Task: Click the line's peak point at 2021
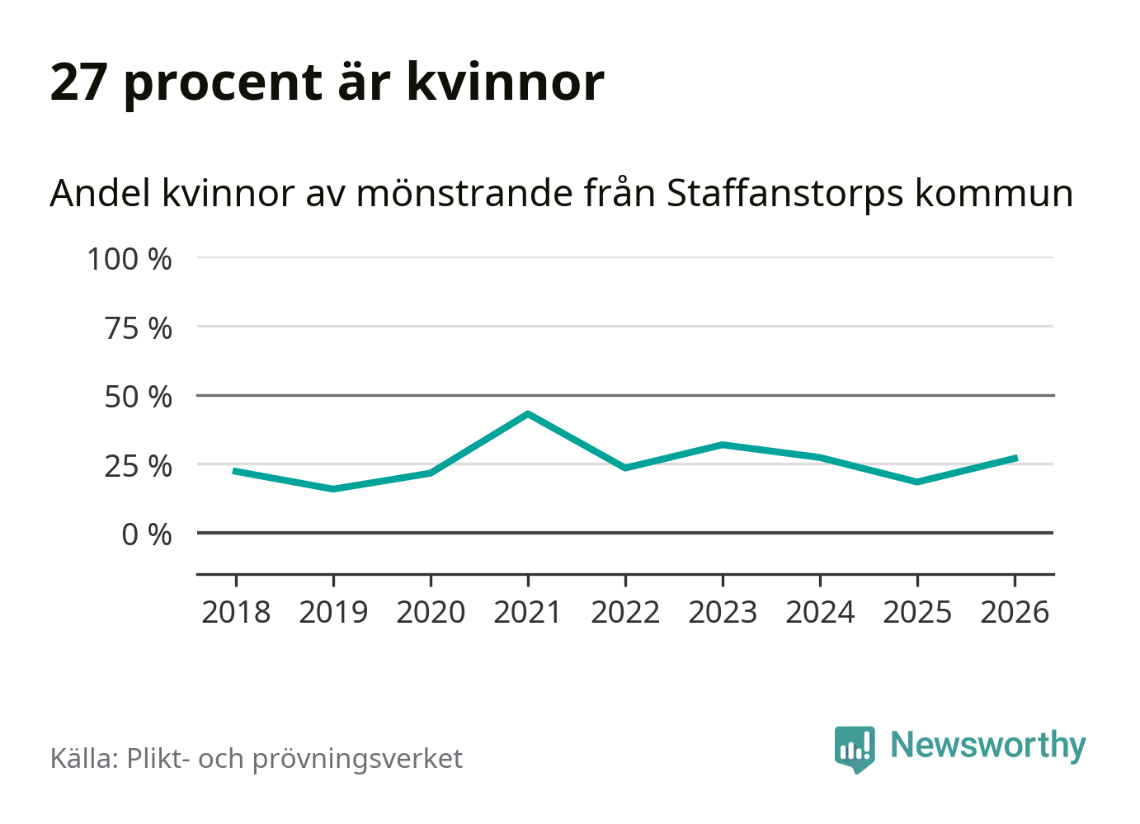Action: click(x=528, y=413)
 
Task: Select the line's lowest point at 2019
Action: click(x=333, y=489)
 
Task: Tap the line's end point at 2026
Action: click(x=1015, y=458)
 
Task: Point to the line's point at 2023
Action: click(x=723, y=445)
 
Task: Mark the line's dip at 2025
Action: click(x=917, y=482)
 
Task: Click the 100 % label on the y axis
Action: click(x=130, y=259)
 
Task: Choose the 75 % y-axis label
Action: click(x=138, y=328)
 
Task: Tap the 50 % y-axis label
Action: click(x=138, y=397)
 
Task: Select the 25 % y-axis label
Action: click(x=138, y=466)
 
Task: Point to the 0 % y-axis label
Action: click(x=147, y=534)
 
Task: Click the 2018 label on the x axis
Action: click(x=236, y=613)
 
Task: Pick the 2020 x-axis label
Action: click(x=431, y=613)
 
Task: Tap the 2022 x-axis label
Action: click(x=625, y=613)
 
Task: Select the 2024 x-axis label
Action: click(x=820, y=613)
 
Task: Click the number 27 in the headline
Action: click(x=78, y=82)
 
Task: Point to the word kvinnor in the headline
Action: click(x=506, y=82)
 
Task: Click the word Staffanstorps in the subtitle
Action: click(x=784, y=194)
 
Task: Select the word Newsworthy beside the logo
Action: click(x=988, y=746)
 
